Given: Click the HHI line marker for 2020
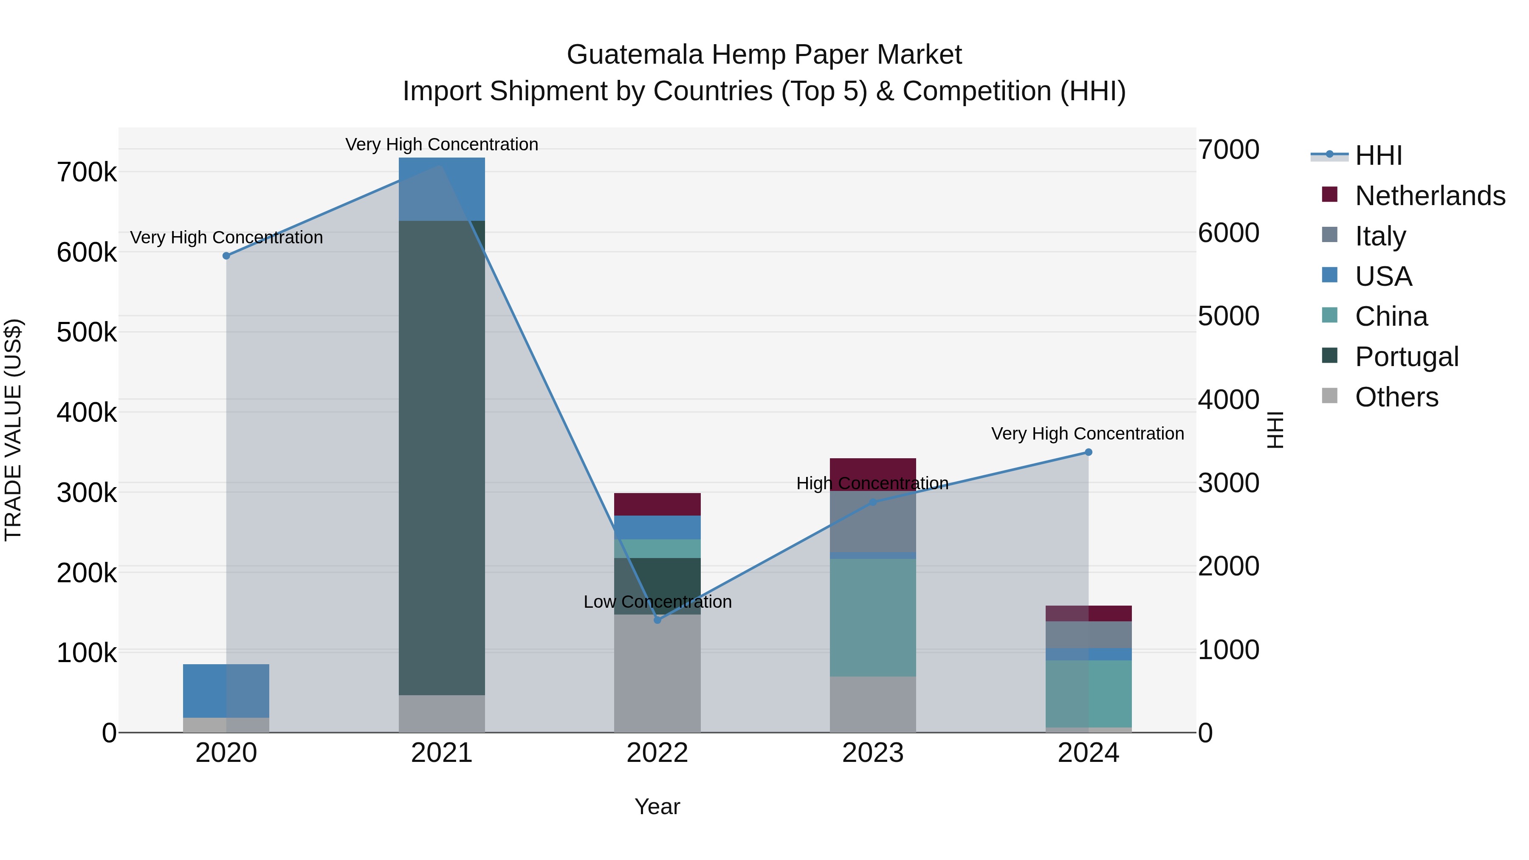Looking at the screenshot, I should (226, 256).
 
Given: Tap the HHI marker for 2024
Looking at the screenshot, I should (1088, 452).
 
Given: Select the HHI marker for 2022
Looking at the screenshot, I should (657, 620).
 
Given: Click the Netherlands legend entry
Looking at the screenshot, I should (1429, 195).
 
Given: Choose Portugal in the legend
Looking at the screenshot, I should (1406, 356).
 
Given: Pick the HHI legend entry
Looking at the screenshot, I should (1378, 155).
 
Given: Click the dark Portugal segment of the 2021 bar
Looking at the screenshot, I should (442, 457).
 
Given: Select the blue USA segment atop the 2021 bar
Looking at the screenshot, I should (442, 189).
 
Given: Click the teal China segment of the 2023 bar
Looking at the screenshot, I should (872, 617).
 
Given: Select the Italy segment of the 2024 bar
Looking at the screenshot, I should (1088, 634).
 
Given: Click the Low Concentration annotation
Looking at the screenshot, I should (657, 602).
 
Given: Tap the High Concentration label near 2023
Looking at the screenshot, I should (872, 483).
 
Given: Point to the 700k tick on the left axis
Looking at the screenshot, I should (87, 173).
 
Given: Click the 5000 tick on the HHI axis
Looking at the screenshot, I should (1228, 316).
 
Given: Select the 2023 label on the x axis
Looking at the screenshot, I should (872, 753).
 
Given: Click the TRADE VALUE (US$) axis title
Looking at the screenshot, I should (14, 430).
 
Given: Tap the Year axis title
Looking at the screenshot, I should (657, 806).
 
